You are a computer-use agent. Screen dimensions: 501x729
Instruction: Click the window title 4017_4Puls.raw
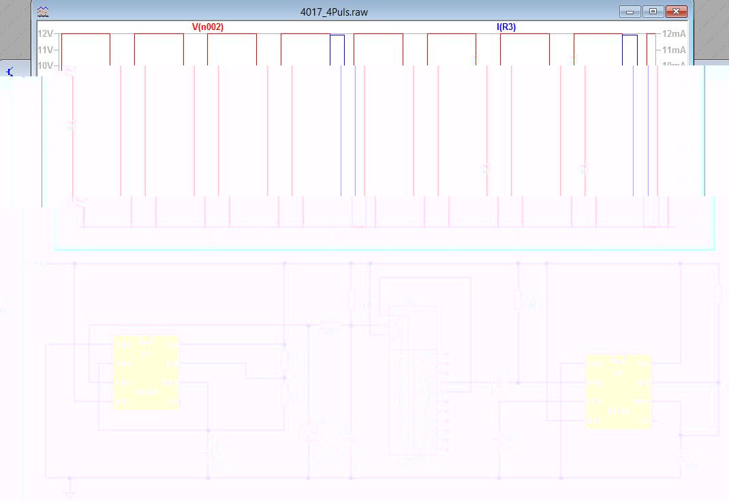coord(334,12)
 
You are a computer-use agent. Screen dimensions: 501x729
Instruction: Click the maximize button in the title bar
coord(653,12)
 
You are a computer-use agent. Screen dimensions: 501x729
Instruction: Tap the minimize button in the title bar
coord(631,12)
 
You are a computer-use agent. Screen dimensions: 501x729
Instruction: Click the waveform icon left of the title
coord(42,12)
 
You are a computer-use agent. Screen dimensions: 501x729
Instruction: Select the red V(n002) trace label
coord(207,27)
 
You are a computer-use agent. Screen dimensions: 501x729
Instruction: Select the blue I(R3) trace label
coord(506,27)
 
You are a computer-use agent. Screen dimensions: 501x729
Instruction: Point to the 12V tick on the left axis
coord(46,34)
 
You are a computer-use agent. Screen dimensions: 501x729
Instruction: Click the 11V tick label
coord(46,50)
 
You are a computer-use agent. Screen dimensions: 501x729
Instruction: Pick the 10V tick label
coord(46,65)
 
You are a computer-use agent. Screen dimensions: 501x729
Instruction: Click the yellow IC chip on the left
coord(146,372)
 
